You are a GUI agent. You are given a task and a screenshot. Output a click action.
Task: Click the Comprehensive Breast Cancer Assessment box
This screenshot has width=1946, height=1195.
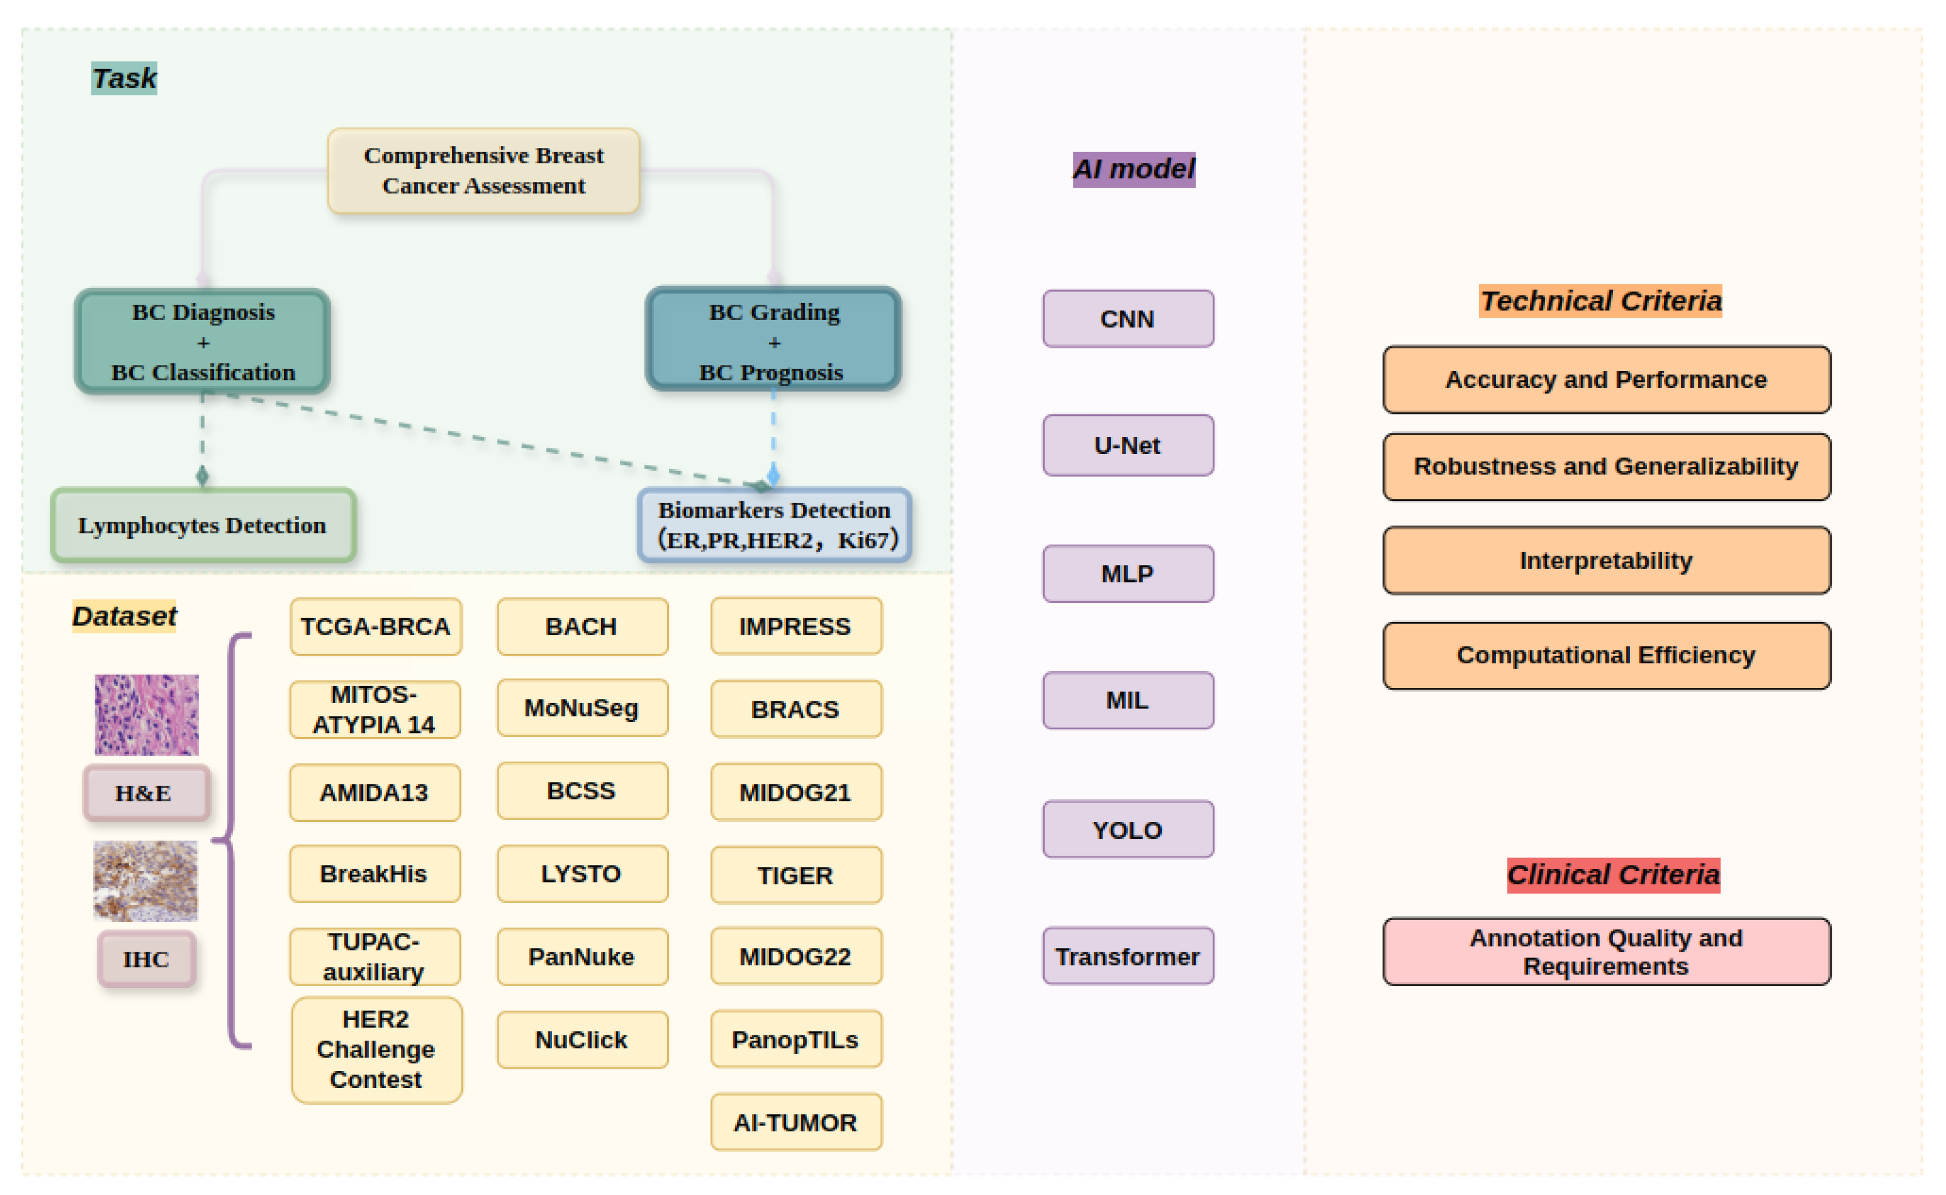484,171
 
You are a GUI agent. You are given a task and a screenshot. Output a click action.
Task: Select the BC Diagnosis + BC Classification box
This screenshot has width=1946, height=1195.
203,342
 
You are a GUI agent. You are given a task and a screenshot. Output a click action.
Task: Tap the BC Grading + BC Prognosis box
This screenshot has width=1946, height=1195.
773,340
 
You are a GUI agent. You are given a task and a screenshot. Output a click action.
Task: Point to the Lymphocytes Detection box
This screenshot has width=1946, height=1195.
203,525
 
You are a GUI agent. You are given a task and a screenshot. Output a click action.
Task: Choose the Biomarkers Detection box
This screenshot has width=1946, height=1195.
775,525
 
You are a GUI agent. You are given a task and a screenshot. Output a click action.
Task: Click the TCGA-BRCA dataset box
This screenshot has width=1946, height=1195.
376,626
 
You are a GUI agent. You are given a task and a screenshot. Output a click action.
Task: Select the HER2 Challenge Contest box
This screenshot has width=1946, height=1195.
376,1049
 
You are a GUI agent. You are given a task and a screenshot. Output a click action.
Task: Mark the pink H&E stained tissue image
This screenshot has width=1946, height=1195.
147,714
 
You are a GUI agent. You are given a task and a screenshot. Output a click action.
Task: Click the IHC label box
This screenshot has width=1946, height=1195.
146,959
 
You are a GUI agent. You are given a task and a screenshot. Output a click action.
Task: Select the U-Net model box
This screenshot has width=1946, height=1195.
1128,446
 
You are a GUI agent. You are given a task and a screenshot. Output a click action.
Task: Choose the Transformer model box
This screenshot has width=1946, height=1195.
1128,956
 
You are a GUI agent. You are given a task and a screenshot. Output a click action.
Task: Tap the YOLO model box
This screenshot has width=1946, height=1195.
1128,830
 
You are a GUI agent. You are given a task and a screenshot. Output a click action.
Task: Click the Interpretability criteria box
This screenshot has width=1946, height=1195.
1607,560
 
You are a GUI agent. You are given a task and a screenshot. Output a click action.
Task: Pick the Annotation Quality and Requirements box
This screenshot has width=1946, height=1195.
1607,952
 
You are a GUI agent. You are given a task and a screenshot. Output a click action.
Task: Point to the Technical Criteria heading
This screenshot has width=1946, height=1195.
1601,301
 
